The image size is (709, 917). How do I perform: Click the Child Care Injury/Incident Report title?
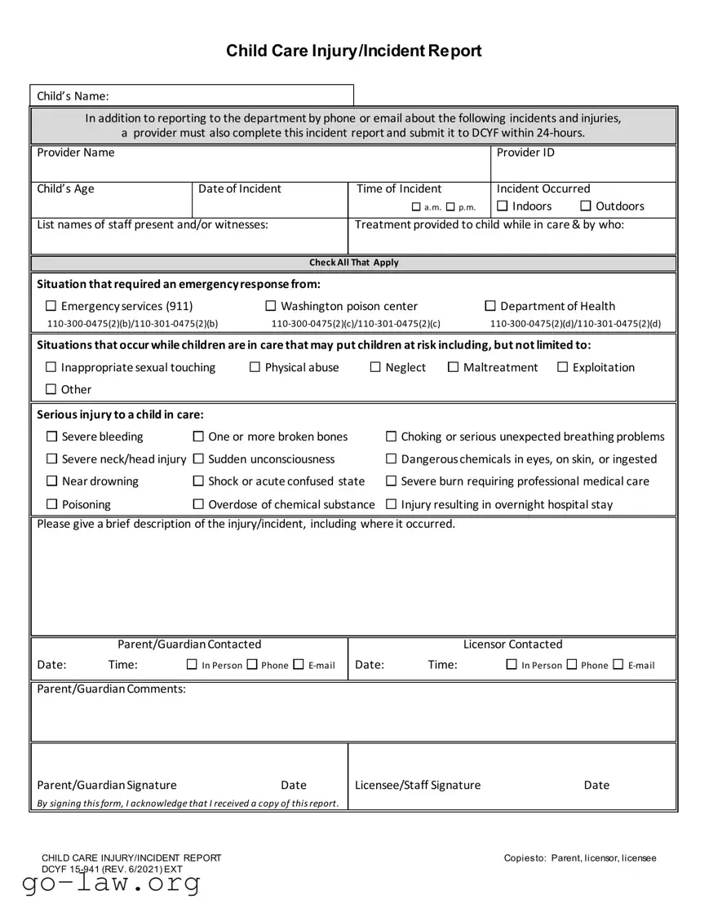tap(354, 51)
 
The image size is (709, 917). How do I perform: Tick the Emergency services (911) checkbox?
tap(51, 307)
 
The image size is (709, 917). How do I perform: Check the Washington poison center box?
tap(271, 307)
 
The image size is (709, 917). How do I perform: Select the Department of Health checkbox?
tap(490, 307)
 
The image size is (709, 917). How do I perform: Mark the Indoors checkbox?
tap(503, 206)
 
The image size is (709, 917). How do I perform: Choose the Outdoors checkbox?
tap(586, 206)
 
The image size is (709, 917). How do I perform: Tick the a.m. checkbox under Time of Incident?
tap(416, 207)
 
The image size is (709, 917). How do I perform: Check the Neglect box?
tap(376, 368)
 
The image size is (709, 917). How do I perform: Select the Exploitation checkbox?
tap(563, 368)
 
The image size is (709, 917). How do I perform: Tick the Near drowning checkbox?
tap(52, 482)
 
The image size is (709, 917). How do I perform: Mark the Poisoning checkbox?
tap(52, 505)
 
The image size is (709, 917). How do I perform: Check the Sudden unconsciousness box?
tap(198, 459)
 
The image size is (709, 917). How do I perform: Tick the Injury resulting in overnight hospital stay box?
tap(392, 505)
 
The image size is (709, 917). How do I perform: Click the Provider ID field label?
tap(525, 153)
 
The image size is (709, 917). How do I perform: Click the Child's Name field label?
tap(73, 96)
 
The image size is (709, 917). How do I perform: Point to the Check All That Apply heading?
tap(354, 263)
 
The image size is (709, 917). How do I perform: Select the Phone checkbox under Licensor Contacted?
tap(572, 666)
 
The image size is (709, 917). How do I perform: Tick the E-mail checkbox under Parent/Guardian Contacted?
tap(299, 666)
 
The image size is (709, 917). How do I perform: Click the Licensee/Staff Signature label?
tap(418, 786)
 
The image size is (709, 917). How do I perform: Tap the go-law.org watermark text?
tap(111, 884)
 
